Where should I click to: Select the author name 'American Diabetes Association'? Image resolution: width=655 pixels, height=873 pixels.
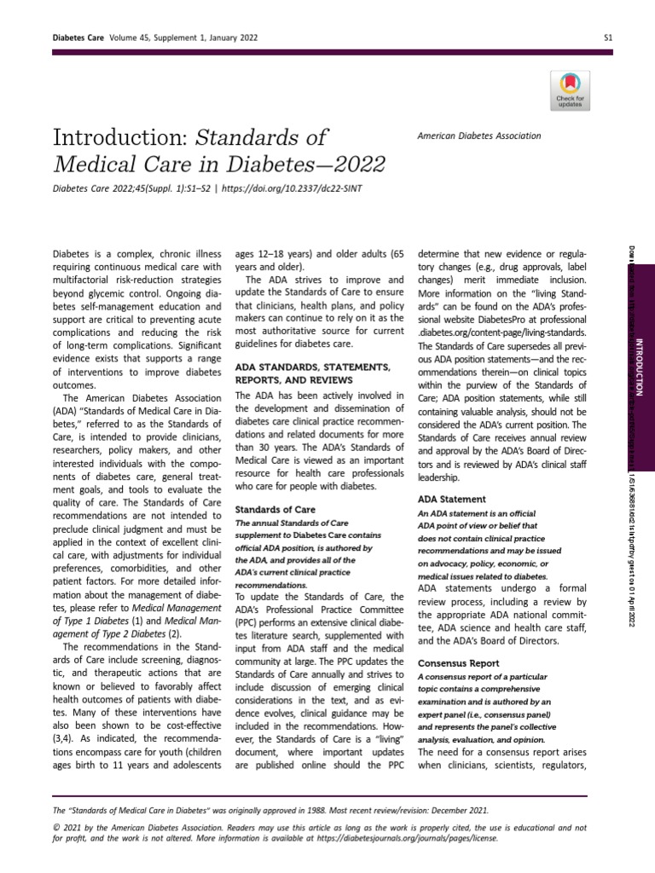click(x=478, y=136)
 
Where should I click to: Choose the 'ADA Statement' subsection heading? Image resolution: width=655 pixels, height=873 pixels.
click(x=451, y=499)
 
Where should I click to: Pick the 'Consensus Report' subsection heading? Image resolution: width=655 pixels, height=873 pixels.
click(x=459, y=662)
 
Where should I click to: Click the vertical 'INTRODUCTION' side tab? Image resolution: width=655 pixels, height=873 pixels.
click(x=640, y=367)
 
